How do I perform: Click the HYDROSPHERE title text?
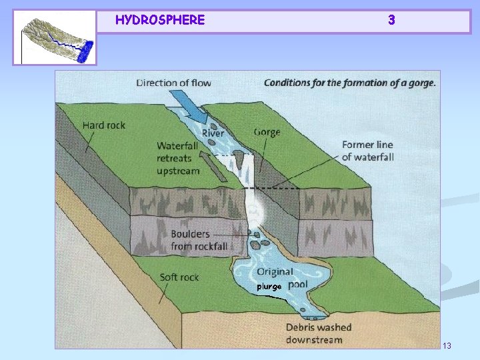[159, 20]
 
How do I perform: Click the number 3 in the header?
[391, 20]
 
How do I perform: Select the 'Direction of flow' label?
[174, 83]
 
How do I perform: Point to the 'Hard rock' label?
[103, 125]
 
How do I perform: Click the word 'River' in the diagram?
[213, 133]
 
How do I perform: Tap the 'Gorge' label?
[267, 132]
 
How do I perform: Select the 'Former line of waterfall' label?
[367, 151]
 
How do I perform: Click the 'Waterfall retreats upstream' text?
[178, 158]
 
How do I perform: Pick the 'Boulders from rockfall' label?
[199, 240]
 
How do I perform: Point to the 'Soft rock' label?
[179, 277]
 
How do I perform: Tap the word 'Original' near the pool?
[275, 271]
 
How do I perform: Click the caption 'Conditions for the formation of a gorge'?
[349, 83]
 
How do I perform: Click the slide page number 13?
[447, 345]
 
